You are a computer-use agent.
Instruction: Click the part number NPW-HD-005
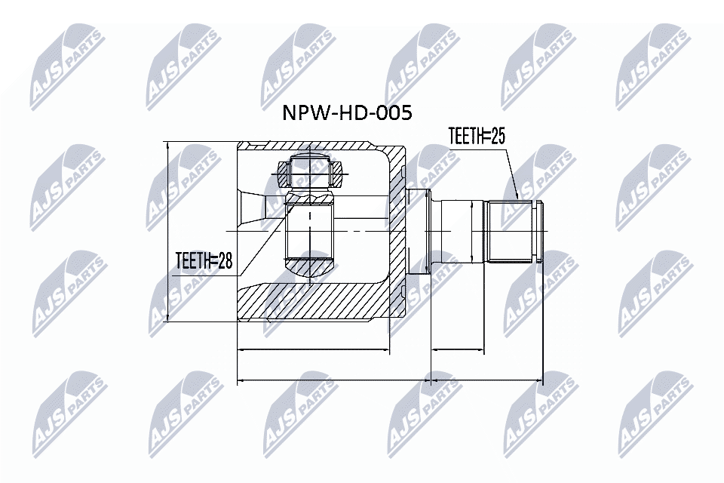point(348,114)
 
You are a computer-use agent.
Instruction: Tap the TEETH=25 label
point(476,136)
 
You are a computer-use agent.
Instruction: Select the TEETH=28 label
point(203,261)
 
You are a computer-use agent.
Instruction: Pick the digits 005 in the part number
point(395,114)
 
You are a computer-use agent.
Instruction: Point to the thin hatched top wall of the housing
point(317,148)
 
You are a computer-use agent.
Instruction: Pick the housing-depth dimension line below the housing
point(314,350)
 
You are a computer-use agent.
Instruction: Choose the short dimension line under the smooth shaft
point(457,350)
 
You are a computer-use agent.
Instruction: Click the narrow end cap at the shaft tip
point(538,230)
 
